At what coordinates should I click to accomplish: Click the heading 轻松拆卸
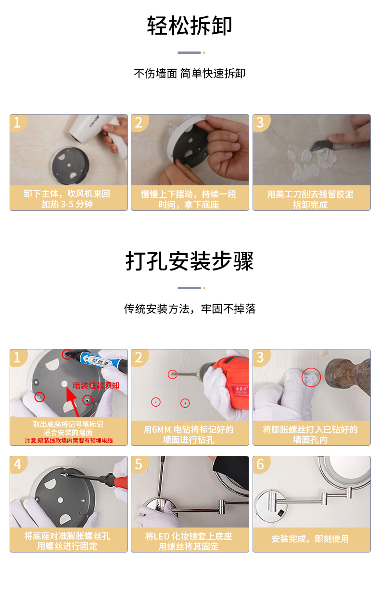coord(190,26)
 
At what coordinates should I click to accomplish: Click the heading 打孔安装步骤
coord(190,261)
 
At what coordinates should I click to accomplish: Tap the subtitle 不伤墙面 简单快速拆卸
coord(190,74)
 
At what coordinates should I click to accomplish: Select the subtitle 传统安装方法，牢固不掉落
coord(190,309)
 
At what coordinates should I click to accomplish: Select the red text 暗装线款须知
coord(96,386)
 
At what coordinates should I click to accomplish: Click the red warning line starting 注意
coord(69,440)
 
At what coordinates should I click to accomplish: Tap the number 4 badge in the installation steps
coord(17,464)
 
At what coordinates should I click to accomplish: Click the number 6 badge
coord(260,464)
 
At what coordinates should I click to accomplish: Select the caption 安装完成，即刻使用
coord(310,539)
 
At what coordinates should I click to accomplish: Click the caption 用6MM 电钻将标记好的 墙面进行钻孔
coord(189,435)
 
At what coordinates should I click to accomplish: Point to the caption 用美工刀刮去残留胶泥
coord(310,194)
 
